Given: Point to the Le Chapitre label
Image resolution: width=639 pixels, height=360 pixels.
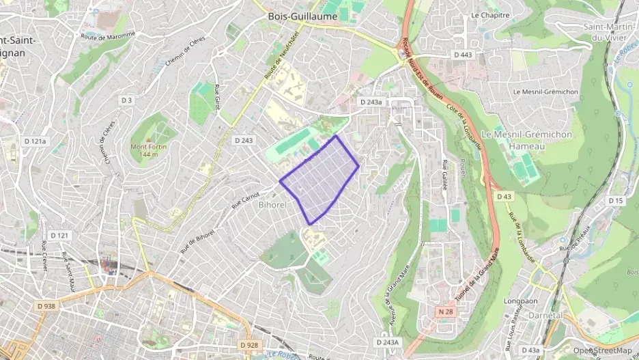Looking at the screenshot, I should (490, 15).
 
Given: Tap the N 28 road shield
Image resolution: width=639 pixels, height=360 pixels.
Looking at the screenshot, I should (445, 311).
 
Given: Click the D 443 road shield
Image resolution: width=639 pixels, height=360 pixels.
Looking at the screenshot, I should (463, 54).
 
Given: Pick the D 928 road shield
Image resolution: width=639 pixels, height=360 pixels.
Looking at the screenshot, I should (249, 345).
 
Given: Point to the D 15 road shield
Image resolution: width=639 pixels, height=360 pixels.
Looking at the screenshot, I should (616, 200).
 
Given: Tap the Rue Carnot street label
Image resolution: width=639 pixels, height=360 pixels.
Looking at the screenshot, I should (245, 197).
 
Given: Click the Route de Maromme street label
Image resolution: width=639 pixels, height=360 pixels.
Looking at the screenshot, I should (108, 36).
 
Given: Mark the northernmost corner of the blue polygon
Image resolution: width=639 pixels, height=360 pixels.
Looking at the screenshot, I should (335, 136).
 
